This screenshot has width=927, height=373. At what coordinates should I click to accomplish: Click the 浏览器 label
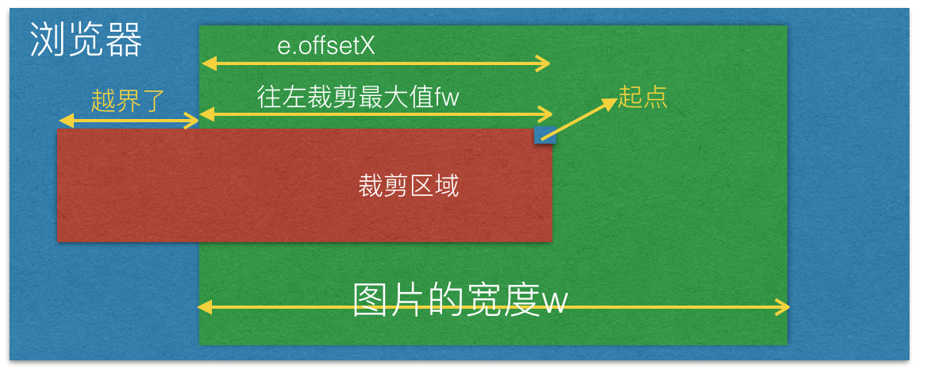coord(87,40)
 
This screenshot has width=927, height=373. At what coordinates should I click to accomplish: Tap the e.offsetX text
coord(326,46)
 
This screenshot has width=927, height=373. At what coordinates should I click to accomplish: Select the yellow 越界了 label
coord(127,101)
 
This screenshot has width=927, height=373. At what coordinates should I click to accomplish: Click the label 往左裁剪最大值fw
coord(358,96)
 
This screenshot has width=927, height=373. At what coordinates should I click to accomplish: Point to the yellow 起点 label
coord(643,97)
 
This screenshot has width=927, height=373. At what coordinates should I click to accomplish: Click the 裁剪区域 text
coord(409,186)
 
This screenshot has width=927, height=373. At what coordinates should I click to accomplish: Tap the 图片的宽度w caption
coord(460,300)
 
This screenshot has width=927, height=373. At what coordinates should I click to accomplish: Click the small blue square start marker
coord(544,135)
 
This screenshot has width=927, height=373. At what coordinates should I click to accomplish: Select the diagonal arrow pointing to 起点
coord(579,119)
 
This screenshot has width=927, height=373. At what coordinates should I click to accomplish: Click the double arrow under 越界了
coord(129,121)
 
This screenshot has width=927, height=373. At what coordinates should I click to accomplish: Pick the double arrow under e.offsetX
coord(376,62)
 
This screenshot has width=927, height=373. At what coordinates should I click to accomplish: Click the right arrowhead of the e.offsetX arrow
coord(545,62)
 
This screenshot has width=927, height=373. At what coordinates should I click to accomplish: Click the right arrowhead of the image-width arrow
coord(783,307)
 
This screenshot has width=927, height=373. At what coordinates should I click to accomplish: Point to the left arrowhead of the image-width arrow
coord(204,307)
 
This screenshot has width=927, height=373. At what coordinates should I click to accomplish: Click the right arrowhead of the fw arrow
coord(546,113)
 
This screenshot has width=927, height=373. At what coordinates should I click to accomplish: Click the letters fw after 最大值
coord(447,96)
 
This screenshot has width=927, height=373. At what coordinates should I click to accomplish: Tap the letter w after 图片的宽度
coord(555,302)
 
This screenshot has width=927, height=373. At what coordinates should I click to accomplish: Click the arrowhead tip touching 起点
coord(617,98)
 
